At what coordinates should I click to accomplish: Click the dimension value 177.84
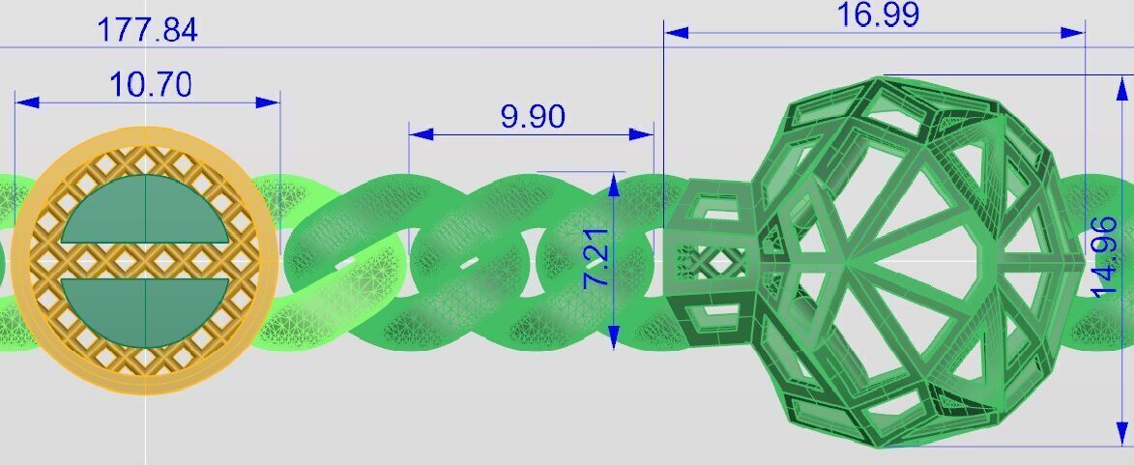pyautogui.click(x=147, y=29)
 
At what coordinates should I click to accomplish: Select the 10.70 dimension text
pyautogui.click(x=150, y=85)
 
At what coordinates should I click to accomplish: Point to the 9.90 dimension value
pyautogui.click(x=533, y=117)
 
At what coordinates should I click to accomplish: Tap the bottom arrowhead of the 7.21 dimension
pyautogui.click(x=614, y=337)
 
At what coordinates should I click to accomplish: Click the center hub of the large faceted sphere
pyautogui.click(x=847, y=259)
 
